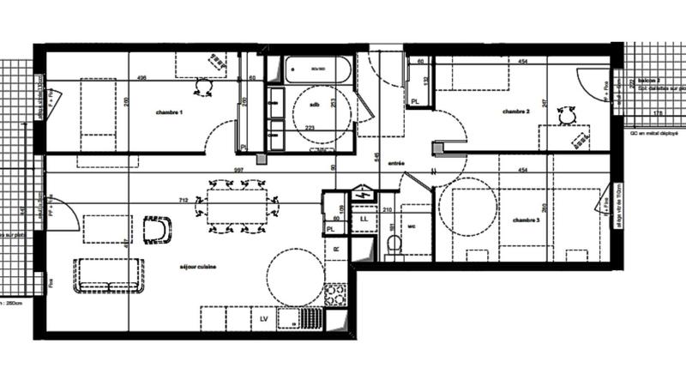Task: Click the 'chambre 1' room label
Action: point(169,112)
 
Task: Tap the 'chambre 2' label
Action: point(516,112)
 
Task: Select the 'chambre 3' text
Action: point(527,220)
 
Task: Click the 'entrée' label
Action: point(395,163)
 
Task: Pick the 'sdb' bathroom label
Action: point(314,105)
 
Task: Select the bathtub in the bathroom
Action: point(317,69)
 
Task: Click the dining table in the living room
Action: point(240,206)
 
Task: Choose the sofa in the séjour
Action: point(107,274)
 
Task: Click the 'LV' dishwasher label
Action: point(264,319)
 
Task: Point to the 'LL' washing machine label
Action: point(364,220)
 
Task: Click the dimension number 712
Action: point(183,201)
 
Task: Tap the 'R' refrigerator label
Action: point(336,249)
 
